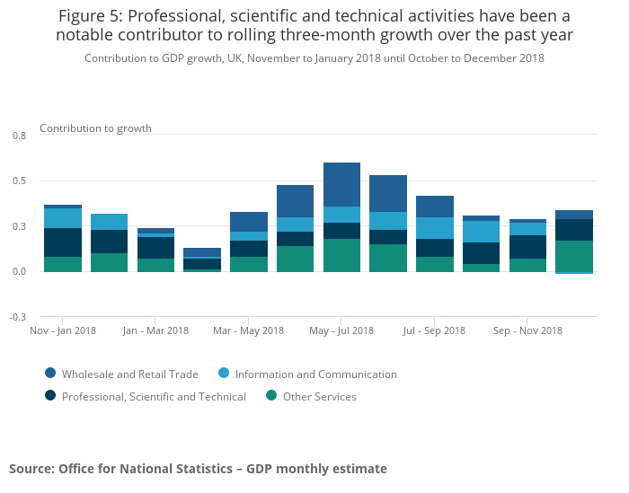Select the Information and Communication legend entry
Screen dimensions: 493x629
pos(315,374)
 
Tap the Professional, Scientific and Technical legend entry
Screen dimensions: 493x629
pos(154,397)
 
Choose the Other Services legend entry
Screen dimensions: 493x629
pos(319,397)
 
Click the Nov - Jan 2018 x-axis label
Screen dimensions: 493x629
pos(63,330)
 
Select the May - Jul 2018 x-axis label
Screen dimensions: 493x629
pos(341,330)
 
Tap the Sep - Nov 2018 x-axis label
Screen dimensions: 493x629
pos(527,330)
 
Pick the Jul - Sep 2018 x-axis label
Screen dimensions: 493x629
pos(434,330)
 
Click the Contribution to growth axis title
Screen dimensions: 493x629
pos(95,128)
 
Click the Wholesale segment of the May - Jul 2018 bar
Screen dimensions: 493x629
pos(341,185)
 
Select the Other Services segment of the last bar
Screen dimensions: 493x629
pos(573,256)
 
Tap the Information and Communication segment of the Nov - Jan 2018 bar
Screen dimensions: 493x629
pos(63,218)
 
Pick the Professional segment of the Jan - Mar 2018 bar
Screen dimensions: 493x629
pos(155,248)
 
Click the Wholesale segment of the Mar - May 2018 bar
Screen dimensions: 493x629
pos(249,222)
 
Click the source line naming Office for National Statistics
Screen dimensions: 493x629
pos(198,469)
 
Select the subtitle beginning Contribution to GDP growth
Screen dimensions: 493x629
pos(314,58)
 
